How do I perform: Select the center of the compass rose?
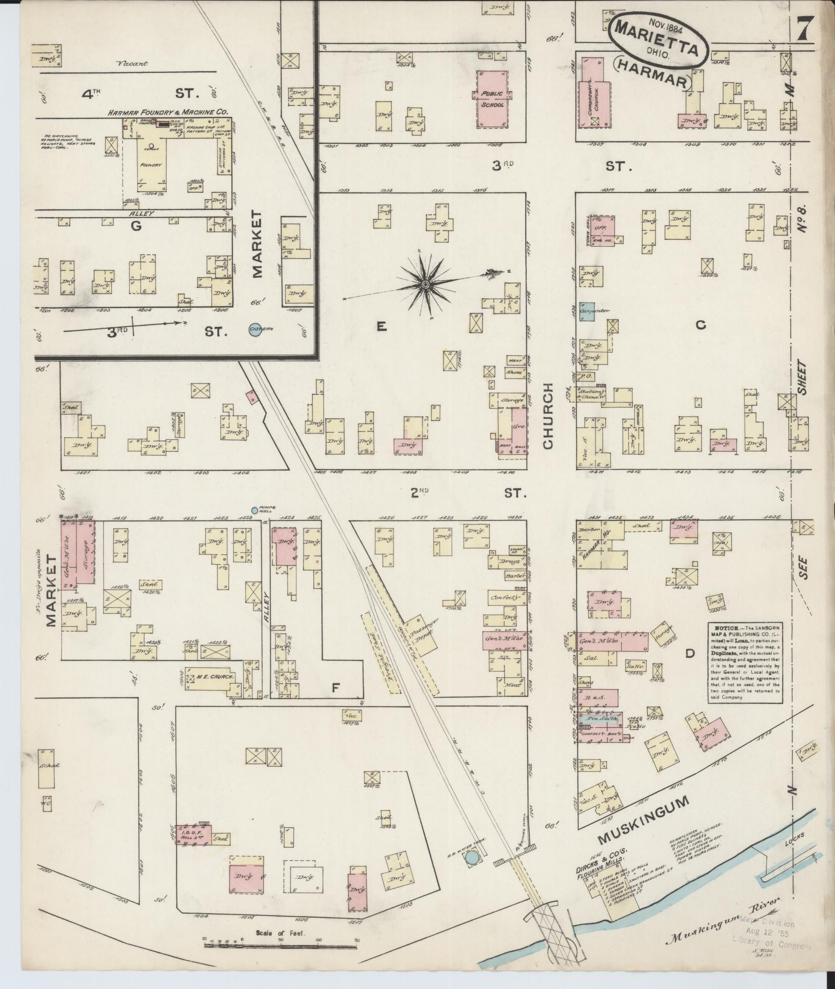pos(425,284)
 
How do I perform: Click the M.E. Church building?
pos(212,677)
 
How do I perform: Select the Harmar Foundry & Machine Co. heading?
pos(167,111)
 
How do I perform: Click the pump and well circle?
pos(254,510)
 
